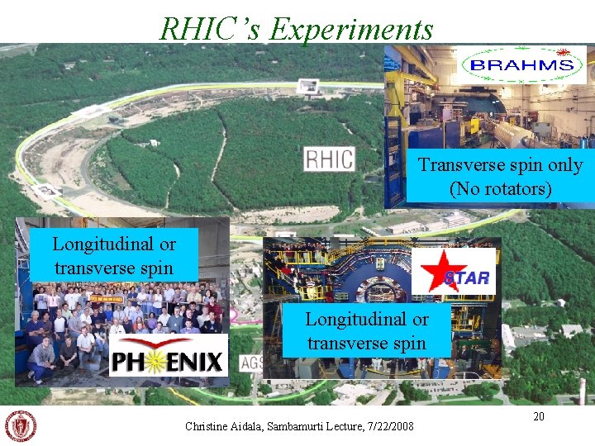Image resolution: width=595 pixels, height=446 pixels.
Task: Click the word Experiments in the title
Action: [x=351, y=30]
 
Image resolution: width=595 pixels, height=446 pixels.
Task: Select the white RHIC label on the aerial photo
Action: [x=329, y=159]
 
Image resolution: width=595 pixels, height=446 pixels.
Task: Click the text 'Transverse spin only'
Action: [x=500, y=165]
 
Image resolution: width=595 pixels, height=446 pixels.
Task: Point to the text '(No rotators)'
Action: [x=500, y=189]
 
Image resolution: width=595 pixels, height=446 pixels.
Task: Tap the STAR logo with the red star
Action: [x=455, y=271]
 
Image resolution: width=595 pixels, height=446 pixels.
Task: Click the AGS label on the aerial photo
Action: [x=252, y=362]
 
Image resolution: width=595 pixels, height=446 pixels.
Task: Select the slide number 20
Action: [x=538, y=417]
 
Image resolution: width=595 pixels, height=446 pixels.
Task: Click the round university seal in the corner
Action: [x=21, y=425]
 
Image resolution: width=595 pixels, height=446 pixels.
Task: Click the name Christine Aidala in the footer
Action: [x=221, y=426]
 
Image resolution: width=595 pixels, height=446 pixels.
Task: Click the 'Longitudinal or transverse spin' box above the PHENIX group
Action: [x=114, y=256]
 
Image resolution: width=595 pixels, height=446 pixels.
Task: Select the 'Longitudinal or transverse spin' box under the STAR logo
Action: [x=366, y=331]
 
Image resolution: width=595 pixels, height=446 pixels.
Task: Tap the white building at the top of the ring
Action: [x=307, y=85]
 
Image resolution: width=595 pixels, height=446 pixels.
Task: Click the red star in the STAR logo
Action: [x=432, y=270]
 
